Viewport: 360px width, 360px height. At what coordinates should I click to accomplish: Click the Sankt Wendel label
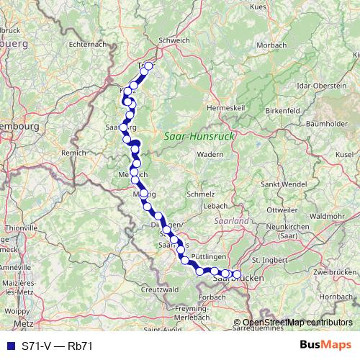[281, 184]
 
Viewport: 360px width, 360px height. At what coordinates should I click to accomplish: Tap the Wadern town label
[210, 154]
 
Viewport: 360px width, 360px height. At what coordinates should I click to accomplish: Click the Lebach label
[216, 207]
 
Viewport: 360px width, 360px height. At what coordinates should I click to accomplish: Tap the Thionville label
[15, 228]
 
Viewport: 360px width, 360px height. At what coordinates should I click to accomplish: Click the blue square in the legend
[9, 346]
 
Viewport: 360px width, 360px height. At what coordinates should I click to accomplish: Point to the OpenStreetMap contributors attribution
[297, 323]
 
